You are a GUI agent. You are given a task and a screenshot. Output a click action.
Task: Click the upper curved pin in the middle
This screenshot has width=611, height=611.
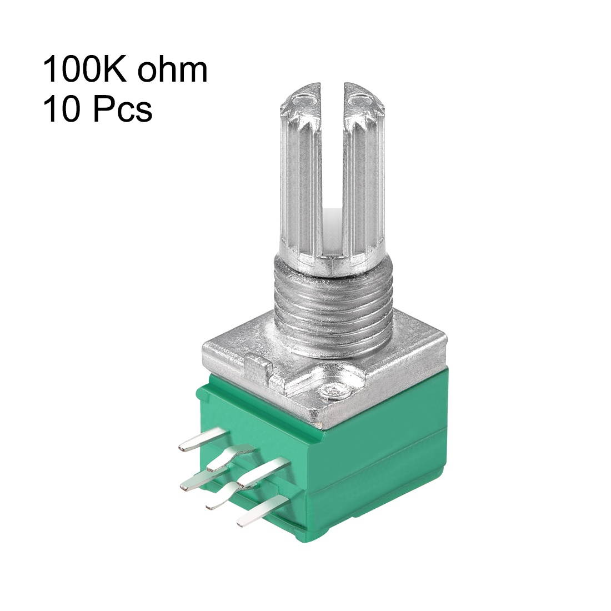pyautogui.click(x=231, y=458)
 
